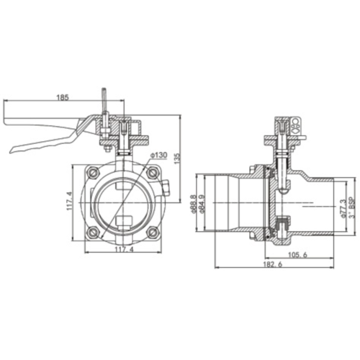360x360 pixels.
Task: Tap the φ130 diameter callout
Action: [x=159, y=155]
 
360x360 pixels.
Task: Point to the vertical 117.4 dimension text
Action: [x=69, y=201]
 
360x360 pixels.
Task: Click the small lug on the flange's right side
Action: [x=166, y=191]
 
